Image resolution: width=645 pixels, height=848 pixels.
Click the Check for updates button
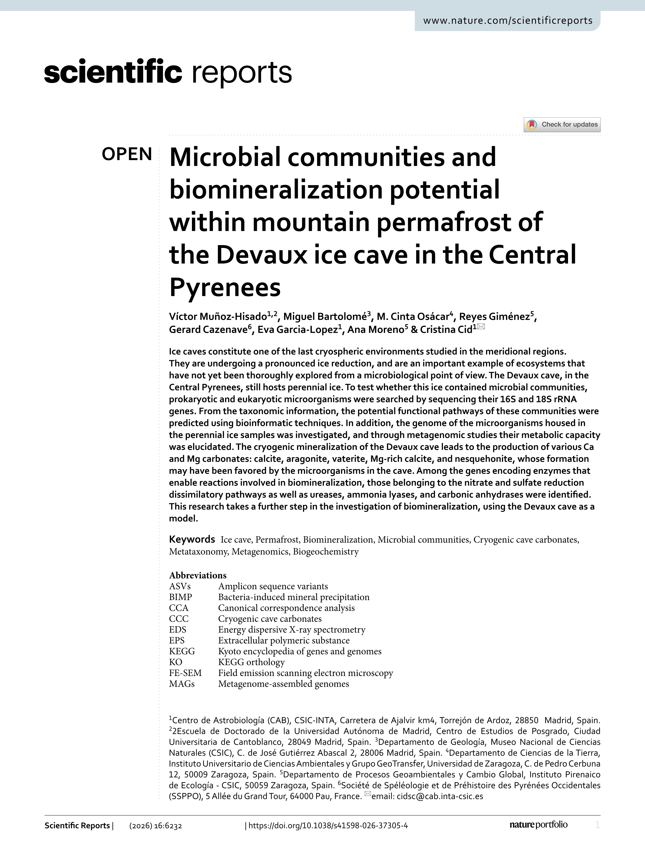[562, 124]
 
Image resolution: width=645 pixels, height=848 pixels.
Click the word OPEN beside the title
[127, 154]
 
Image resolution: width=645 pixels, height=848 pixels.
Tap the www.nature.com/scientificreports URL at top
[508, 21]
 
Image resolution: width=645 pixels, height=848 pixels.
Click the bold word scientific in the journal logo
[113, 72]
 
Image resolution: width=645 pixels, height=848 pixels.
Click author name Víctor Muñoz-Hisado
[218, 316]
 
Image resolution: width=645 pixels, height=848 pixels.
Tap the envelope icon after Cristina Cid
[481, 327]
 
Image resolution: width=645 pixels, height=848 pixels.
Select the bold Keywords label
[192, 539]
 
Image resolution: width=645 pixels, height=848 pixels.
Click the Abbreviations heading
[198, 575]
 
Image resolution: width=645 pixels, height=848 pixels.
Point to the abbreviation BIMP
[180, 597]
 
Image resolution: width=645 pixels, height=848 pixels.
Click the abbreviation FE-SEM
[185, 673]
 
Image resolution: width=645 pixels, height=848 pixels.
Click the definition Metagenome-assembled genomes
[283, 684]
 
